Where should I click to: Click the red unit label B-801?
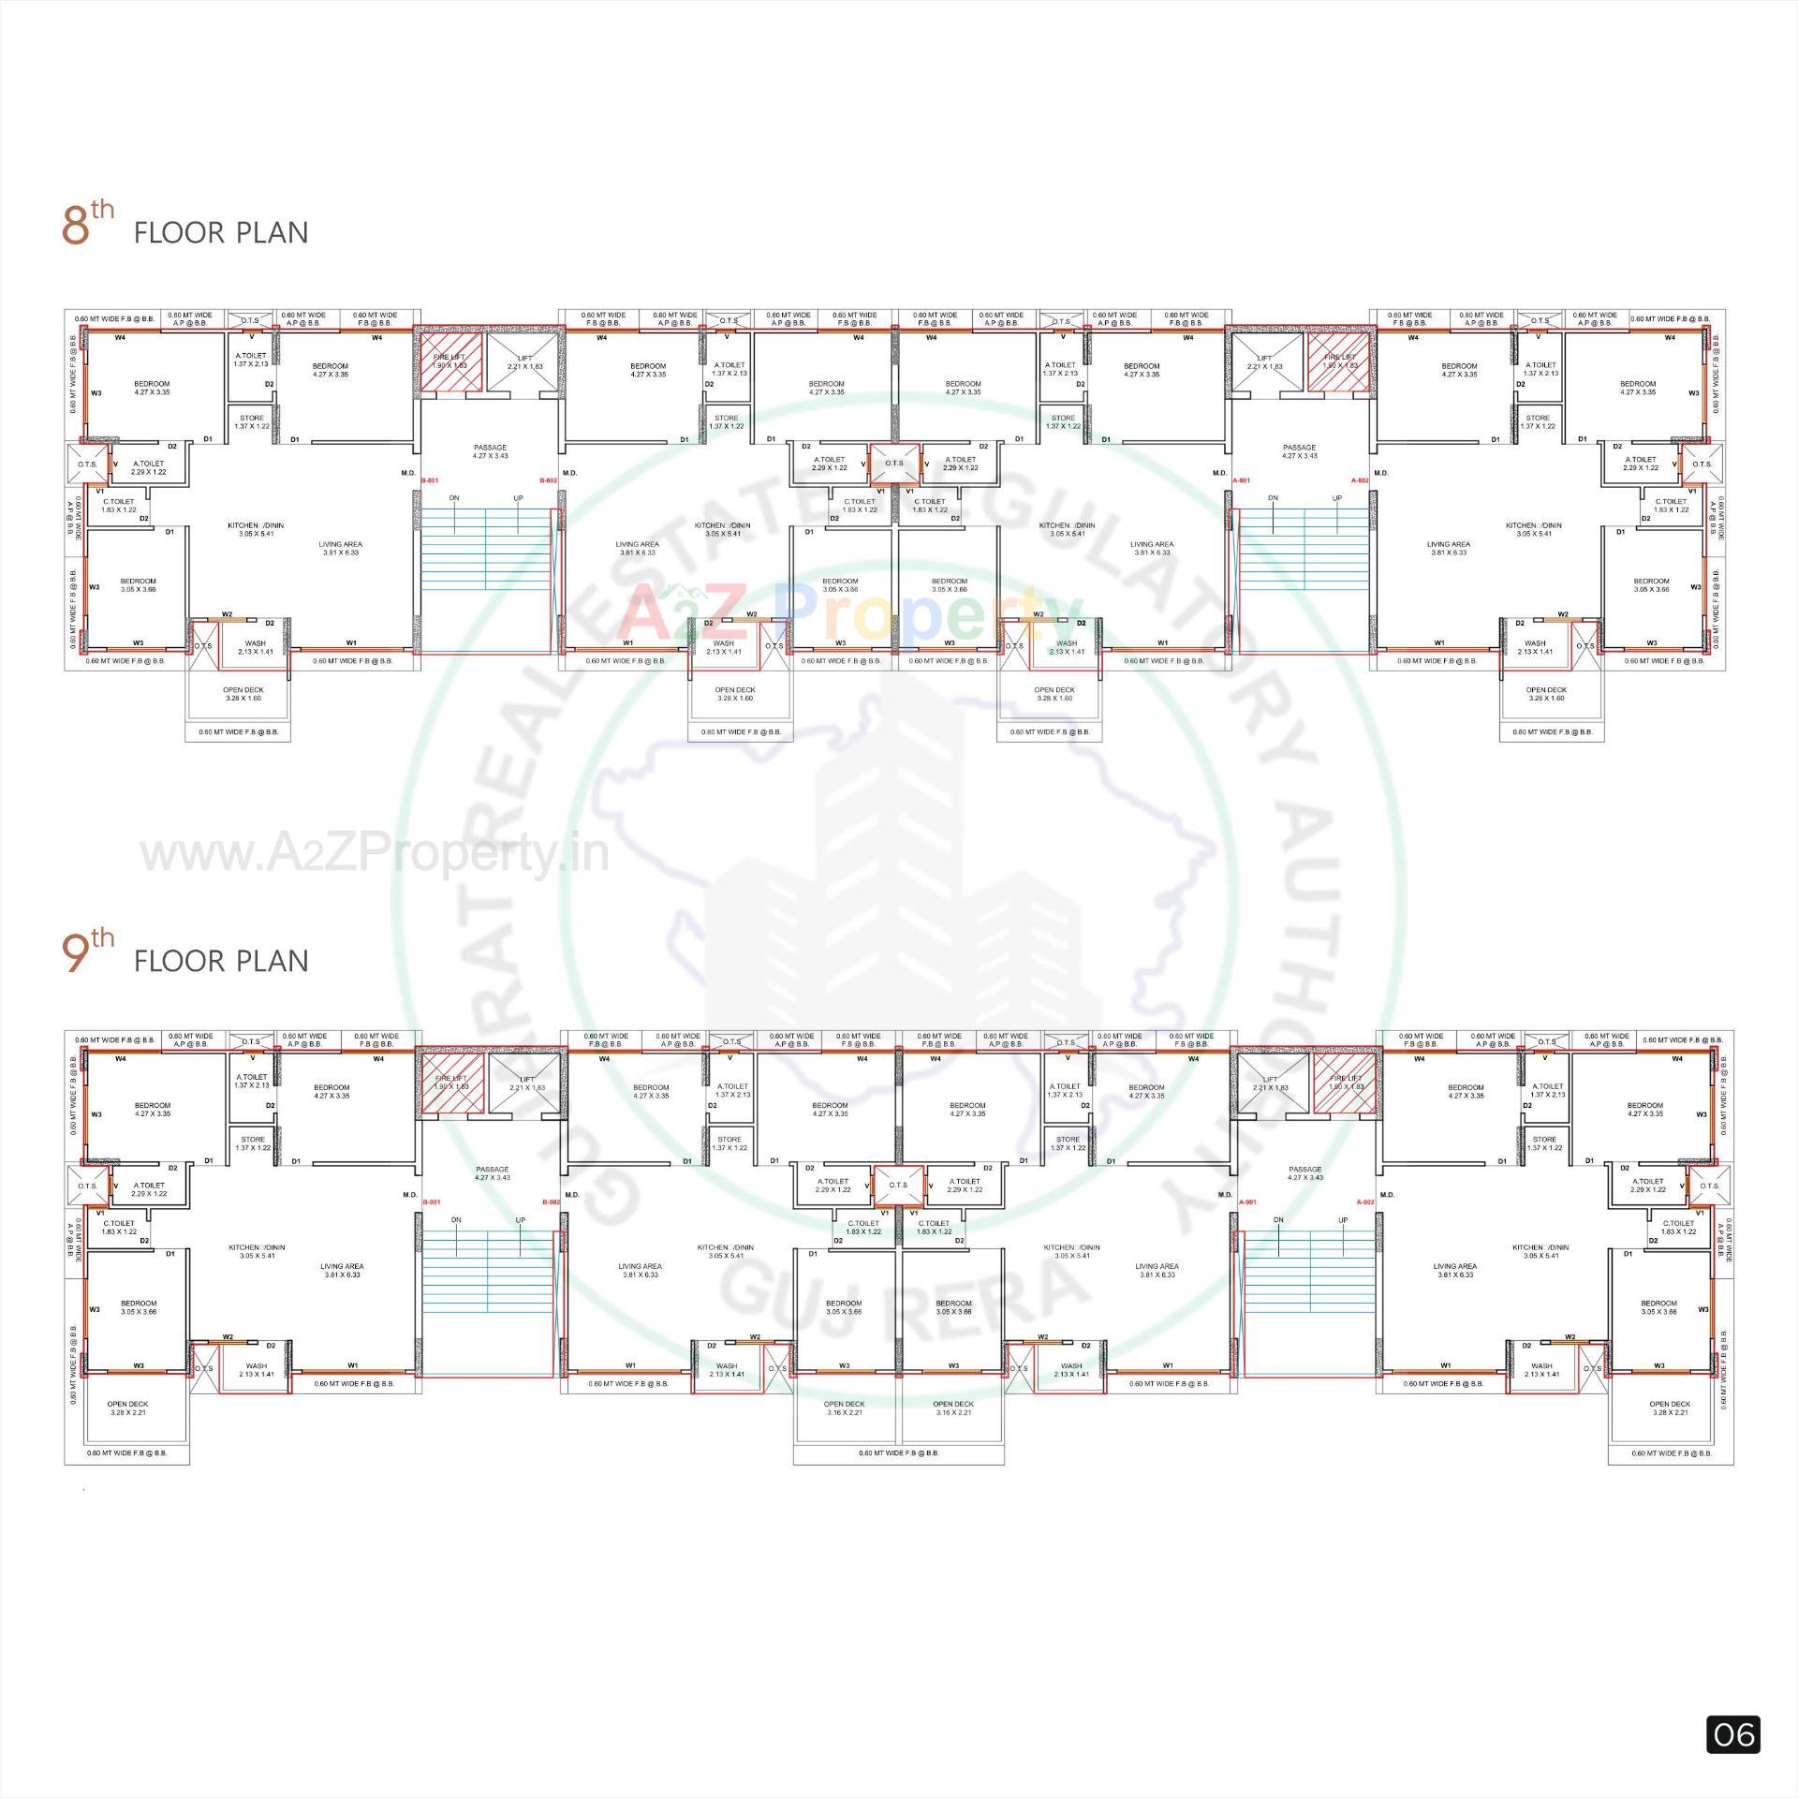(x=430, y=480)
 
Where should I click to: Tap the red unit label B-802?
(x=549, y=480)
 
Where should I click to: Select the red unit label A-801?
(x=1241, y=480)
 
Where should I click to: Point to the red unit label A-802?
(x=1360, y=480)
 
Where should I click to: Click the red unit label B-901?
(x=432, y=1201)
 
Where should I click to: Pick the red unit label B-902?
(x=551, y=1201)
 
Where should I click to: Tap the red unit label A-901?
(x=1247, y=1201)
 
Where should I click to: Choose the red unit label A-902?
(x=1365, y=1201)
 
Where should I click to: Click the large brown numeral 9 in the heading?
(x=75, y=954)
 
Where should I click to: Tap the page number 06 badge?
(x=1732, y=1734)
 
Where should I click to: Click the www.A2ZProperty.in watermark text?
(x=375, y=854)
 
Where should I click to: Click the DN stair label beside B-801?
(x=454, y=498)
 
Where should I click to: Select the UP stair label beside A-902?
(x=1343, y=1220)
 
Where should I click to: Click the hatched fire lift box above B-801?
(x=449, y=361)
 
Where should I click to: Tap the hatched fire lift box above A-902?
(x=1346, y=1083)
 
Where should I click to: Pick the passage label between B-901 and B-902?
(x=492, y=1173)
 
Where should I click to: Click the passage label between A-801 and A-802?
(x=1300, y=451)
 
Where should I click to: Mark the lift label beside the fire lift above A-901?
(x=1271, y=1083)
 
